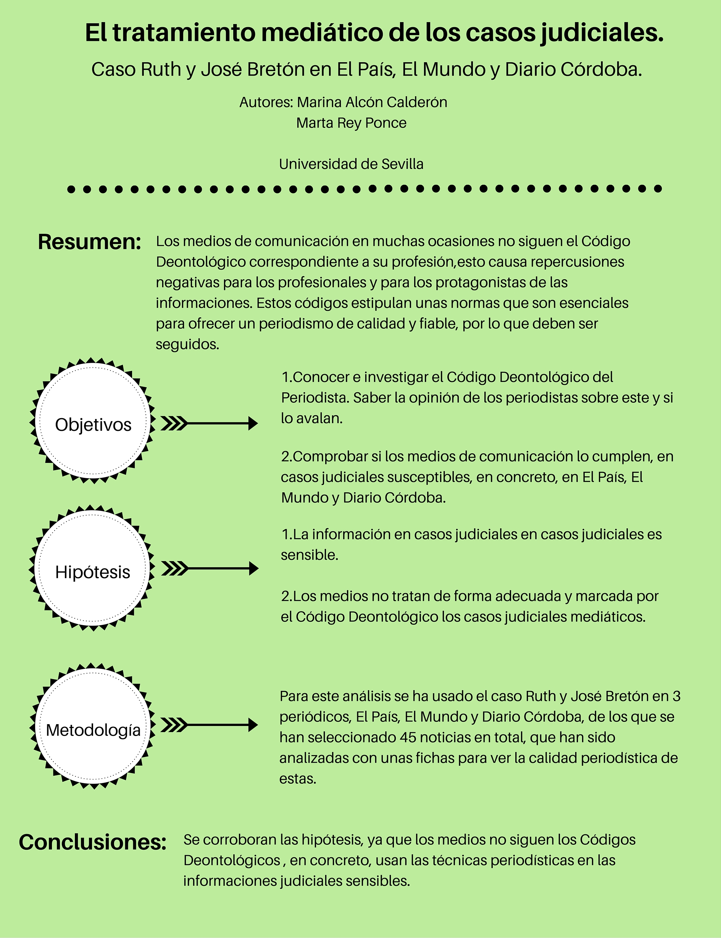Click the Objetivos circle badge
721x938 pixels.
(93, 420)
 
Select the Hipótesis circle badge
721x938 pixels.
(92, 568)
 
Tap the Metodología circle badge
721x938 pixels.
(93, 726)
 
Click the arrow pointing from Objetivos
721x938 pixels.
(210, 424)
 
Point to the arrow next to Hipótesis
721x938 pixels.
(210, 569)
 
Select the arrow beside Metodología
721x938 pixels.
(210, 725)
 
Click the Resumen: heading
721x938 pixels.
(90, 242)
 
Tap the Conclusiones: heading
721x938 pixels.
(93, 842)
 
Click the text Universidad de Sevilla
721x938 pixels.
(351, 164)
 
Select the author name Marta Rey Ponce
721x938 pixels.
(351, 123)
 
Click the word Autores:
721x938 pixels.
(266, 102)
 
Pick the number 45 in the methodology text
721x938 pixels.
(408, 737)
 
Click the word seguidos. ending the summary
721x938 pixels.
(187, 344)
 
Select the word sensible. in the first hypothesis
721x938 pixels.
(310, 555)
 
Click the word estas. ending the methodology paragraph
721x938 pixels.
(298, 779)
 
